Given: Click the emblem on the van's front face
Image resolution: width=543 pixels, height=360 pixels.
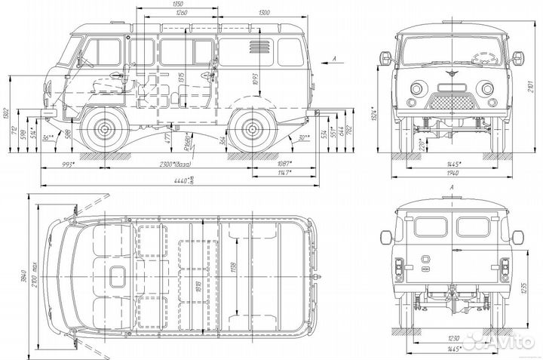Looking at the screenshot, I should click(x=451, y=75).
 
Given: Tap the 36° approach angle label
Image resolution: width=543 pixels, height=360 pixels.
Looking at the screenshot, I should click(x=48, y=137).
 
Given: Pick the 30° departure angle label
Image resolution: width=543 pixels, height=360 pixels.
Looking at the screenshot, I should click(x=302, y=137).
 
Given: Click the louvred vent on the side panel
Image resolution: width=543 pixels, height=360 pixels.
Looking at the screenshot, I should click(x=256, y=47).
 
